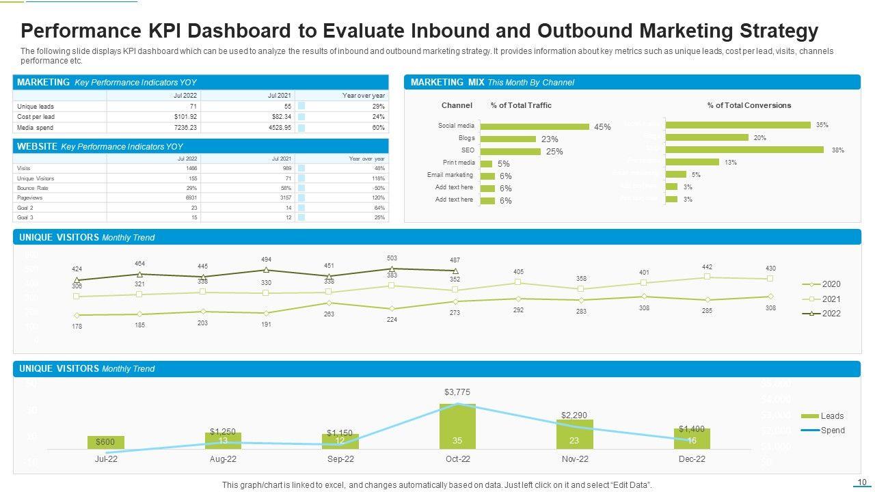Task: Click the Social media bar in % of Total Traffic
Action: point(535,126)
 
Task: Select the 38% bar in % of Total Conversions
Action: point(744,150)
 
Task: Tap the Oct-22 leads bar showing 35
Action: point(457,426)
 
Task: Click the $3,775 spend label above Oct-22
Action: point(457,392)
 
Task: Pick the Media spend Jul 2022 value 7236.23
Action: point(185,128)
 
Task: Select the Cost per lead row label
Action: point(36,117)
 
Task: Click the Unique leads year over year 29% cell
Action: point(378,107)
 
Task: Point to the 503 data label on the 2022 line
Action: point(392,258)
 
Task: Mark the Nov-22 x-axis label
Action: point(575,459)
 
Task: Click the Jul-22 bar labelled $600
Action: point(106,442)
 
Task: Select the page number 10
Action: point(861,482)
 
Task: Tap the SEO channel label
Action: point(468,150)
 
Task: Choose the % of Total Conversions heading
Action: point(749,105)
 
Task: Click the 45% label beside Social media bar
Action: point(602,127)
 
